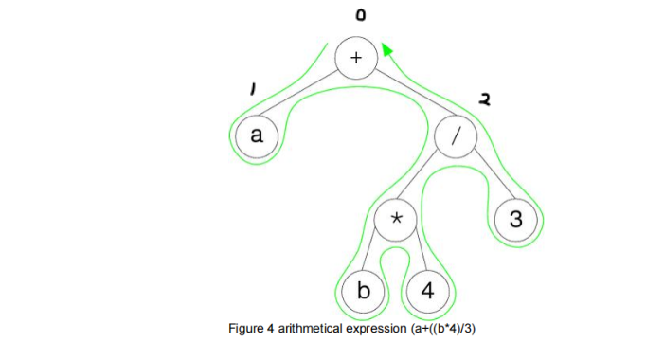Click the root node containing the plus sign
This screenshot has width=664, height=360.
(x=356, y=57)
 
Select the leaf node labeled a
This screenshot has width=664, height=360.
(x=256, y=135)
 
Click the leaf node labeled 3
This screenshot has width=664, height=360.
(x=515, y=221)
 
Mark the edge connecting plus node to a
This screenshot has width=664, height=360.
(x=305, y=97)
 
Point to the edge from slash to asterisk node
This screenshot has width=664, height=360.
(x=426, y=179)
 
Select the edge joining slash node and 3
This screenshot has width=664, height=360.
(x=486, y=179)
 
